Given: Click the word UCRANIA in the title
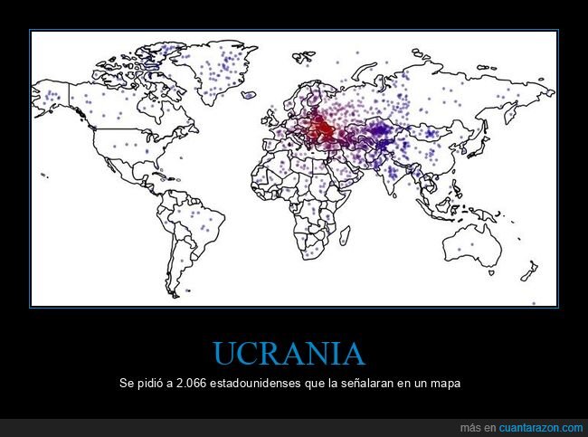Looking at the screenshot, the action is tap(289, 354).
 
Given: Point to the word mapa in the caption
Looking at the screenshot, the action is tap(446, 384).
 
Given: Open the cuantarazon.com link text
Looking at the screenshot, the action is tap(540, 427).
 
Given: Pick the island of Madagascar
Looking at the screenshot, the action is tap(356, 237).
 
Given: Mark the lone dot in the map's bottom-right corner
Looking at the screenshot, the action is tap(533, 304).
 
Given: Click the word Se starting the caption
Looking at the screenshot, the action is tap(127, 384).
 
